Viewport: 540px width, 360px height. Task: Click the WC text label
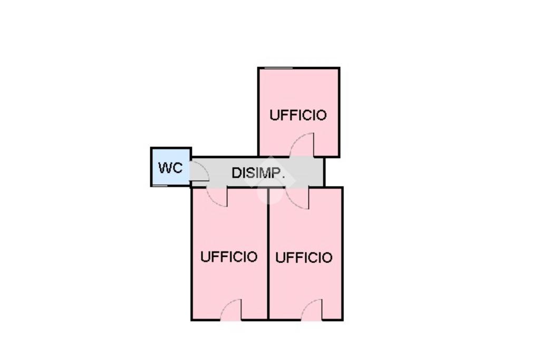(x=170, y=168)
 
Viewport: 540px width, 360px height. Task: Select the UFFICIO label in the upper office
(x=298, y=115)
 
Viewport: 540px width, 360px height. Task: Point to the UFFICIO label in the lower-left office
(x=229, y=257)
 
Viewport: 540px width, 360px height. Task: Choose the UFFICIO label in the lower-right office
(x=304, y=257)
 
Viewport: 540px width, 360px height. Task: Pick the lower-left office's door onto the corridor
(x=217, y=197)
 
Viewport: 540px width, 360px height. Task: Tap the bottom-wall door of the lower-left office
(x=231, y=310)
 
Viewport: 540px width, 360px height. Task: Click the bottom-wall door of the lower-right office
(x=312, y=310)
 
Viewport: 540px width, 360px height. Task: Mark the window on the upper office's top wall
(x=278, y=68)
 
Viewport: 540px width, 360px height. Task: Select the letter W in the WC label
(x=165, y=168)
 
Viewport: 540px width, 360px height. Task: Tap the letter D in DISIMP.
(x=236, y=173)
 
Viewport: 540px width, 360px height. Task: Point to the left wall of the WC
(x=151, y=167)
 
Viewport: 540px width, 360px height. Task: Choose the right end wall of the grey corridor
(x=324, y=172)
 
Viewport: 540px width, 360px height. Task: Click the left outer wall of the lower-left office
(x=191, y=253)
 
